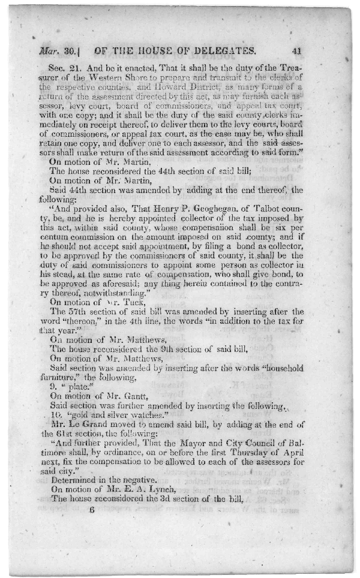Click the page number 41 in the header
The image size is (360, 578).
pyautogui.click(x=299, y=50)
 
